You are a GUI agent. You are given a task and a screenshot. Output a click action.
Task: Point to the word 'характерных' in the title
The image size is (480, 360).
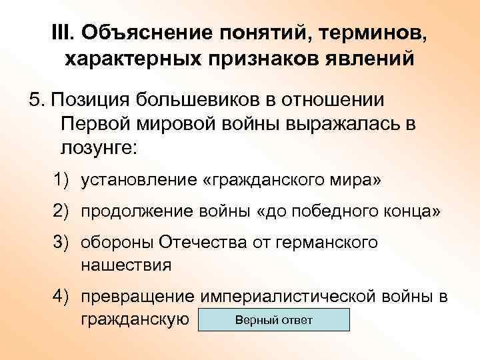pyautogui.click(x=133, y=59)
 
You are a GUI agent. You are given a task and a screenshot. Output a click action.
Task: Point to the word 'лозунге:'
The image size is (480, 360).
pyautogui.click(x=98, y=148)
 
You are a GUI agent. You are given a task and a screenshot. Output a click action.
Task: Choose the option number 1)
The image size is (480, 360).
pyautogui.click(x=62, y=180)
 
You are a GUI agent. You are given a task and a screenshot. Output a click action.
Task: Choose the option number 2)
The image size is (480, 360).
pyautogui.click(x=62, y=211)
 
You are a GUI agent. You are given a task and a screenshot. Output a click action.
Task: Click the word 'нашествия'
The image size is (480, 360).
pyautogui.click(x=126, y=264)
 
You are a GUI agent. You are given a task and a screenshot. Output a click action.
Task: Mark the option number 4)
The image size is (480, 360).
pyautogui.click(x=62, y=296)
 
